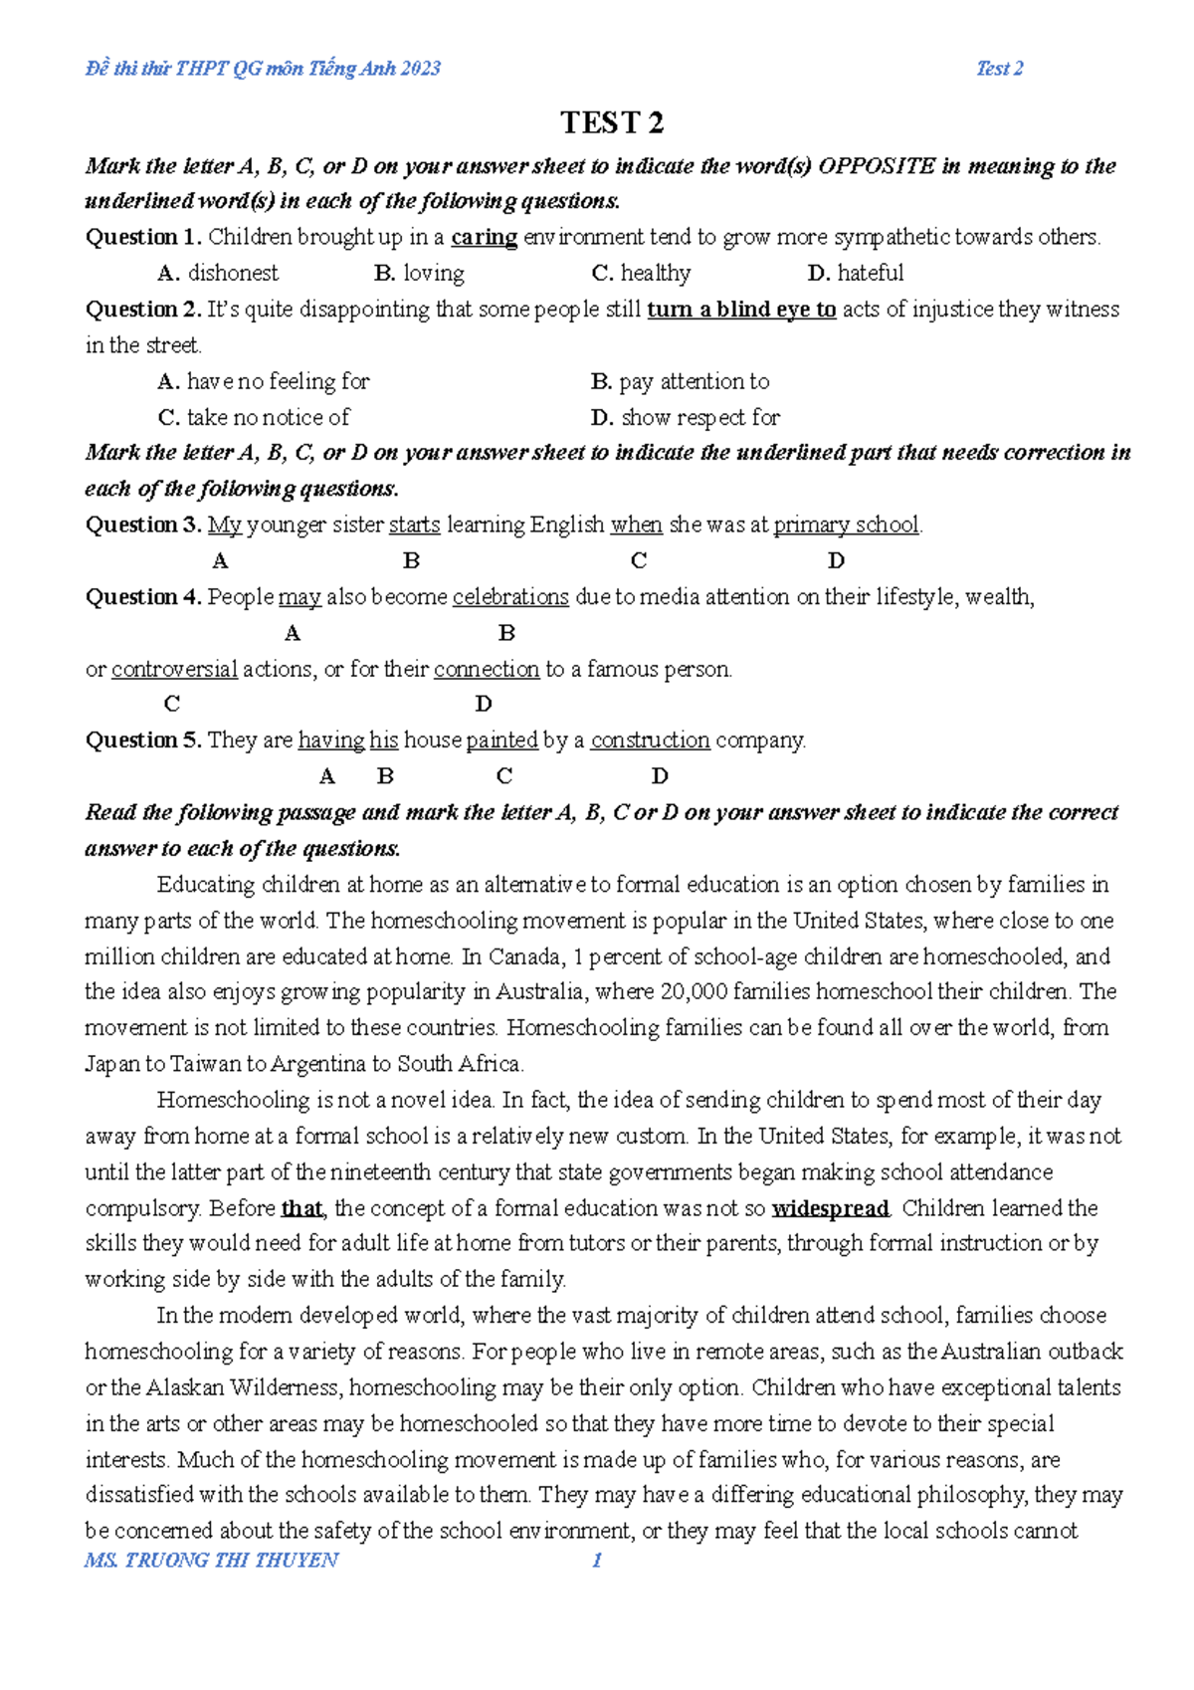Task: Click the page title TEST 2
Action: [611, 122]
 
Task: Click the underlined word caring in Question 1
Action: [484, 237]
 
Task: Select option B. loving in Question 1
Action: [419, 273]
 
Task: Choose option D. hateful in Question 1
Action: [856, 273]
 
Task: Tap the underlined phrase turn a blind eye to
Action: [741, 310]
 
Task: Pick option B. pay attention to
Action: [680, 381]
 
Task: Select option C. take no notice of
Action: [254, 417]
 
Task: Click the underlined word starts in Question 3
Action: [414, 525]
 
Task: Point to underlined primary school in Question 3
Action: [846, 525]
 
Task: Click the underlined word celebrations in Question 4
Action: [510, 597]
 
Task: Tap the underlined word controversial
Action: [174, 669]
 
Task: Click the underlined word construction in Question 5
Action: [650, 740]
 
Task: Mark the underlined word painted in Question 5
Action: [501, 740]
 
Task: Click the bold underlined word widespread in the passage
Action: [830, 1208]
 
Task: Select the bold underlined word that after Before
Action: [301, 1208]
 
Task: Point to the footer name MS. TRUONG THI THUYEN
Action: [211, 1560]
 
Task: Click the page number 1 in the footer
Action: [597, 1560]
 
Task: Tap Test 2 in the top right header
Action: [999, 69]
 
